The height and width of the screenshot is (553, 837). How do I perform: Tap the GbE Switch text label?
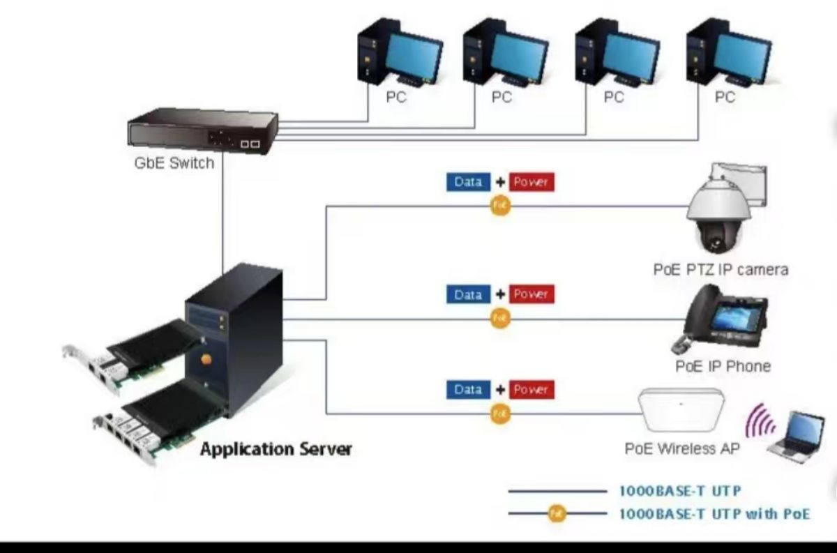174,165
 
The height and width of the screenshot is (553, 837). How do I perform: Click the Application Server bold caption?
276,448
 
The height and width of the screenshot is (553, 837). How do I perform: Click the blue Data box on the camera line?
468,182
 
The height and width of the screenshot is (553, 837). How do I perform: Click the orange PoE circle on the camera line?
500,206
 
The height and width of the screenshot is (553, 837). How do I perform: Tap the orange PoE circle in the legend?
556,514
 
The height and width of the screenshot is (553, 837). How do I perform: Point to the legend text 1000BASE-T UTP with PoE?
714,514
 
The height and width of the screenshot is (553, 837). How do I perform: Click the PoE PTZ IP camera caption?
721,269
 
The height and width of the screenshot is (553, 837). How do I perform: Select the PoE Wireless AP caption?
682,448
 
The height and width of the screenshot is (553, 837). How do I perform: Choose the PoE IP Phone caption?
723,366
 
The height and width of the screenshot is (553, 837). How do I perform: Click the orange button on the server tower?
206,360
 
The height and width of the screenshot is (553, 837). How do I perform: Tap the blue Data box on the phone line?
468,294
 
